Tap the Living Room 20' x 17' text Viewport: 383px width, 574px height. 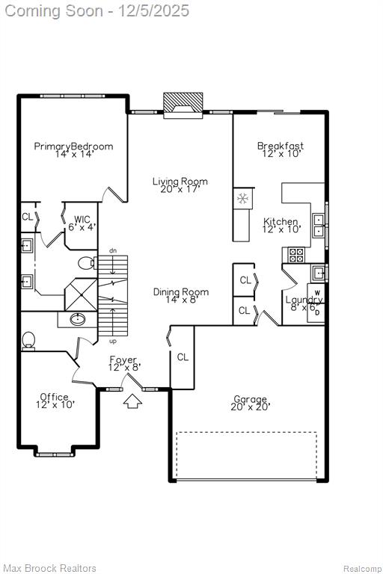pyautogui.click(x=180, y=185)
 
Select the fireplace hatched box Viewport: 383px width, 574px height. pyautogui.click(x=183, y=102)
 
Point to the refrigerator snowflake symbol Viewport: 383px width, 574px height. pyautogui.click(x=242, y=198)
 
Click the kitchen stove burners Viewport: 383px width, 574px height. pyautogui.click(x=296, y=254)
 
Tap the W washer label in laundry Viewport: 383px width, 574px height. pyautogui.click(x=317, y=293)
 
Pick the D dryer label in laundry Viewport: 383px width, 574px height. pyautogui.click(x=317, y=312)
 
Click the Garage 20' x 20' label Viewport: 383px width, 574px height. pyautogui.click(x=251, y=403)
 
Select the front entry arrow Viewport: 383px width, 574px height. pyautogui.click(x=132, y=401)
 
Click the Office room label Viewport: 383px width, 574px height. pyautogui.click(x=55, y=401)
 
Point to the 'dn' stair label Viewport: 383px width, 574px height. pyautogui.click(x=113, y=251)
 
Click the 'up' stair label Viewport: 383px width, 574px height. pyautogui.click(x=113, y=341)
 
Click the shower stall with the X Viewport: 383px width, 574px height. pyautogui.click(x=81, y=294)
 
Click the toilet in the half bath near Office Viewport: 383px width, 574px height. pyautogui.click(x=28, y=341)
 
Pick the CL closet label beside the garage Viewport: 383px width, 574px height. pyautogui.click(x=183, y=357)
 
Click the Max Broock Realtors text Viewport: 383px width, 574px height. pyautogui.click(x=50, y=568)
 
